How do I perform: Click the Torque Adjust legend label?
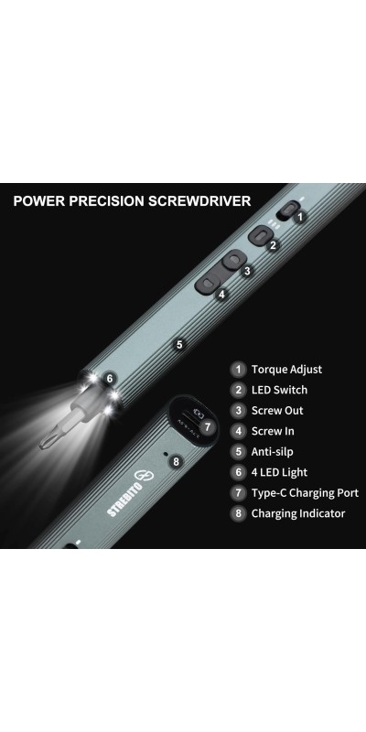(x=286, y=370)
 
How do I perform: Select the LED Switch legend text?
(x=279, y=390)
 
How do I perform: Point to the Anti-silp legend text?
(x=272, y=451)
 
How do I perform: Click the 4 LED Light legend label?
(x=279, y=472)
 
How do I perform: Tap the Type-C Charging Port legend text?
(x=305, y=493)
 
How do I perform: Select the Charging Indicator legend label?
(x=298, y=513)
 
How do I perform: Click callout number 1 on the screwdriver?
(x=300, y=217)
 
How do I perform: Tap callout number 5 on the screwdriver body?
(x=179, y=345)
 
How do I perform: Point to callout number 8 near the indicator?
(x=176, y=462)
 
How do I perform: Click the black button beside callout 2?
(x=260, y=235)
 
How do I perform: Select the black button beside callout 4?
(x=208, y=285)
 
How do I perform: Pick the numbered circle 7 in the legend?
(x=239, y=493)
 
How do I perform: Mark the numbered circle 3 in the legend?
(x=239, y=410)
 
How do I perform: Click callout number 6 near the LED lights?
(x=109, y=379)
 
